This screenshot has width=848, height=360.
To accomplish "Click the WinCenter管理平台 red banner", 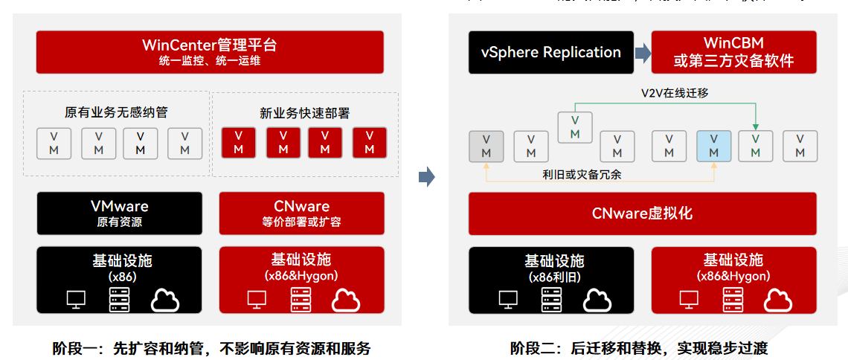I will pyautogui.click(x=210, y=51).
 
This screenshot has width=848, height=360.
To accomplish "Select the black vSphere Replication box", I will pyautogui.click(x=550, y=52).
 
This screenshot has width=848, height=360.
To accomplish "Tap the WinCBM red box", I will pyautogui.click(x=733, y=52).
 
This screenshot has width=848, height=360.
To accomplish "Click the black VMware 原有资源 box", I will pyautogui.click(x=119, y=213).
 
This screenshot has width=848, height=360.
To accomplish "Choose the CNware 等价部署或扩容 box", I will pyautogui.click(x=301, y=213).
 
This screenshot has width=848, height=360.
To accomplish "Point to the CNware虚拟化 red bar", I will pyautogui.click(x=642, y=213).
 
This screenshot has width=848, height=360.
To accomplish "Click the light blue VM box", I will pyautogui.click(x=713, y=147).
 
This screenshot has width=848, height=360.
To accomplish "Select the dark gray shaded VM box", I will pyautogui.click(x=486, y=147).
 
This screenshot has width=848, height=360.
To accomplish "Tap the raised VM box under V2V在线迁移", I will pyautogui.click(x=575, y=127).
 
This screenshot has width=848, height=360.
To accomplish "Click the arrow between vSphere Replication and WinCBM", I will pyautogui.click(x=643, y=53).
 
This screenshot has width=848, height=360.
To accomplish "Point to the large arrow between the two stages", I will pyautogui.click(x=425, y=177).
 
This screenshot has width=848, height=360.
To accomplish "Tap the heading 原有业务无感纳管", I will pyautogui.click(x=117, y=113).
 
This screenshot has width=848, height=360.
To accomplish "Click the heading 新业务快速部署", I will pyautogui.click(x=304, y=113).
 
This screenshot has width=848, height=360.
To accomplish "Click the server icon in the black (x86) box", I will pyautogui.click(x=119, y=300).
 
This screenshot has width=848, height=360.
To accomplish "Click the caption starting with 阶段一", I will pyautogui.click(x=211, y=348).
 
